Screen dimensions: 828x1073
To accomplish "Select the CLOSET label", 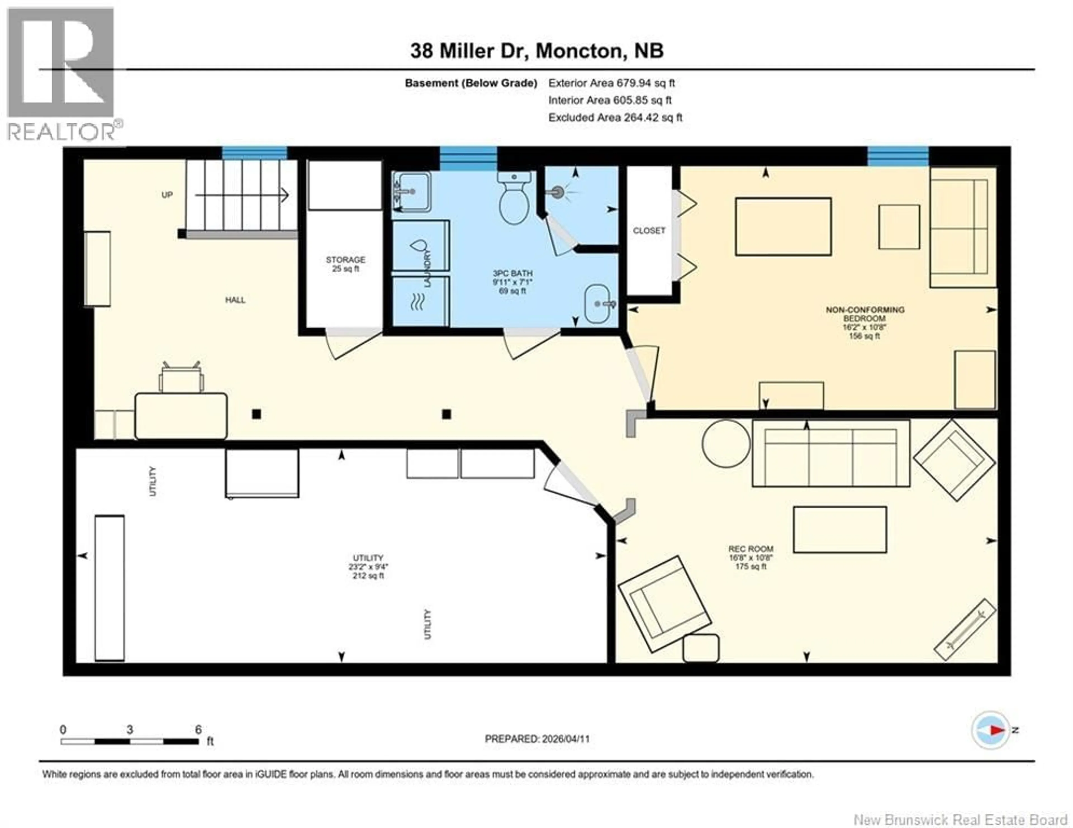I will (649, 230).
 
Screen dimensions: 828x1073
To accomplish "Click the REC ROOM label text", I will (751, 549).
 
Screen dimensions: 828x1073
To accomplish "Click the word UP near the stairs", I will (167, 195).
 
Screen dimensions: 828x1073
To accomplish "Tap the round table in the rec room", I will (726, 443).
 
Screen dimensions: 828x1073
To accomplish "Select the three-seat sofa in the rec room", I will (830, 453).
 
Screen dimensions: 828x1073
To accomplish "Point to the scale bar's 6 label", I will (198, 730).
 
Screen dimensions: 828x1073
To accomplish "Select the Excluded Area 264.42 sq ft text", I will (615, 117).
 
